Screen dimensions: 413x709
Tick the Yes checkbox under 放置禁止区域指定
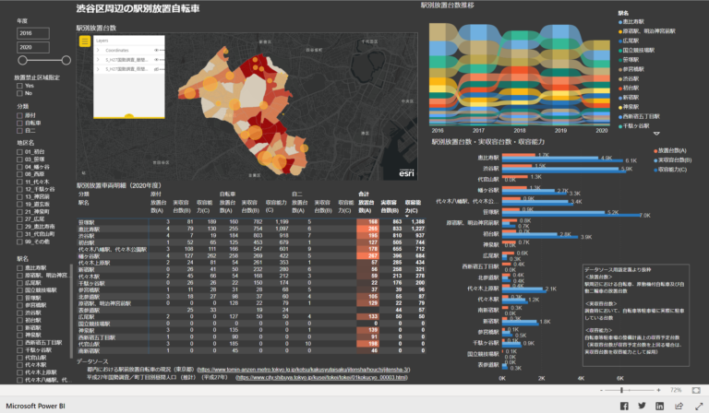pos(19,85)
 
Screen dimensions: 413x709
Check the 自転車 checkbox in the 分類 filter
pos(19,122)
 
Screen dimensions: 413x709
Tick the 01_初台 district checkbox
pos(19,151)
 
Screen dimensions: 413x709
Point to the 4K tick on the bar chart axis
pos(583,378)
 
